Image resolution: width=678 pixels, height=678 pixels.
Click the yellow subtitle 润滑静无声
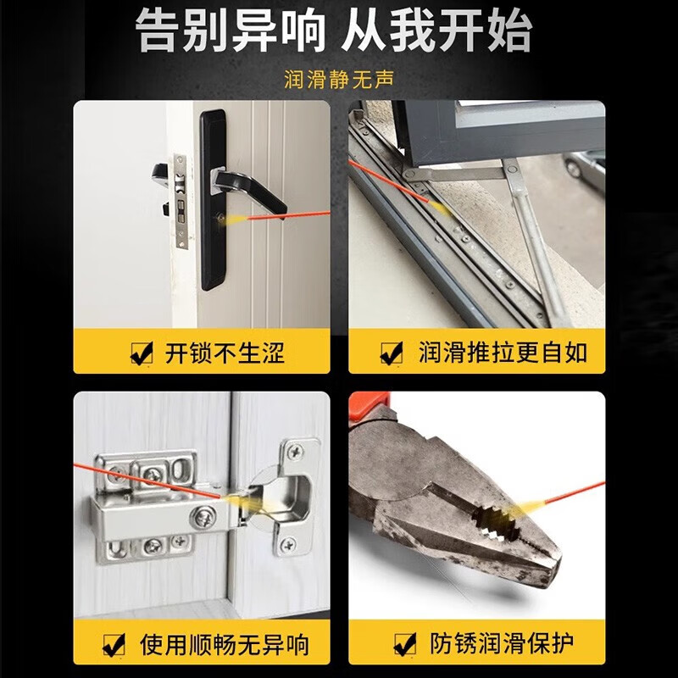(339, 82)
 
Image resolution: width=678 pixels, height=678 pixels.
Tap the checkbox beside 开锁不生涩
(141, 353)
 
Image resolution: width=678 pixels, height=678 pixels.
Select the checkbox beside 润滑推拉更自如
(391, 353)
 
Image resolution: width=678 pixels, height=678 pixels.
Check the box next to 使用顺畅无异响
(114, 645)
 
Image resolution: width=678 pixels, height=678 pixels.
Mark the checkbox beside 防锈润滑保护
(405, 645)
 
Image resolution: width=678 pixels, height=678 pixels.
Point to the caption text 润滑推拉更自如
(503, 353)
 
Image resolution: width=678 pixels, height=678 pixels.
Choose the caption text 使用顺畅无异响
(224, 645)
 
